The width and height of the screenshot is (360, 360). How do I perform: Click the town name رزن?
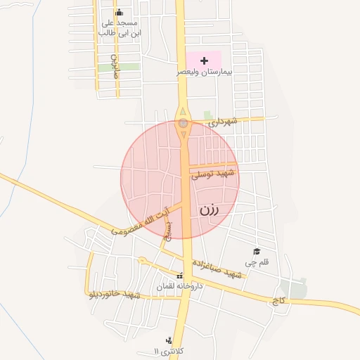pyautogui.click(x=210, y=210)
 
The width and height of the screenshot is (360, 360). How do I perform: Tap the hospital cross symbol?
pyautogui.click(x=205, y=61)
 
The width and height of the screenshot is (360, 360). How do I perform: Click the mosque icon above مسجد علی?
pyautogui.click(x=119, y=12)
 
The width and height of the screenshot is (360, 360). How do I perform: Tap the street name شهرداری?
pyautogui.click(x=224, y=122)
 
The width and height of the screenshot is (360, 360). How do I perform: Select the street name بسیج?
pyautogui.click(x=167, y=229)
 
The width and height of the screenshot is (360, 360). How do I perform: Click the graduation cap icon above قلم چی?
pyautogui.click(x=257, y=252)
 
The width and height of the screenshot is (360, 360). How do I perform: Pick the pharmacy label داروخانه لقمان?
pyautogui.click(x=179, y=287)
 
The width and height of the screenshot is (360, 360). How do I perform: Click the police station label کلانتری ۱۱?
pyautogui.click(x=169, y=350)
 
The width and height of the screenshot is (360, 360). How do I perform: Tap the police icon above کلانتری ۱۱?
pyautogui.click(x=167, y=340)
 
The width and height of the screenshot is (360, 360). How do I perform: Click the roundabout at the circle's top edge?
pyautogui.click(x=183, y=123)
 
